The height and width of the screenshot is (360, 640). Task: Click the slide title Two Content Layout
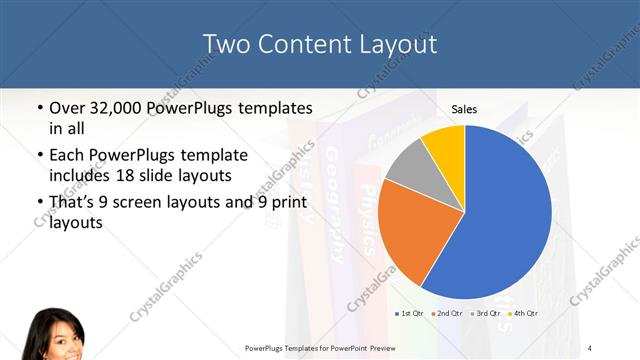click(319, 44)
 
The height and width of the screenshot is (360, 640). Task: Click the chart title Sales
click(463, 108)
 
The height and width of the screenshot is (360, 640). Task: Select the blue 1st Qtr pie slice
click(505, 215)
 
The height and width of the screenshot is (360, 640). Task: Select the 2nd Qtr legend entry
click(448, 313)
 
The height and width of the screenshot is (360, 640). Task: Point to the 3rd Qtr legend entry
click(486, 313)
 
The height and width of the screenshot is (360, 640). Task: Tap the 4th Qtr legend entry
click(524, 313)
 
